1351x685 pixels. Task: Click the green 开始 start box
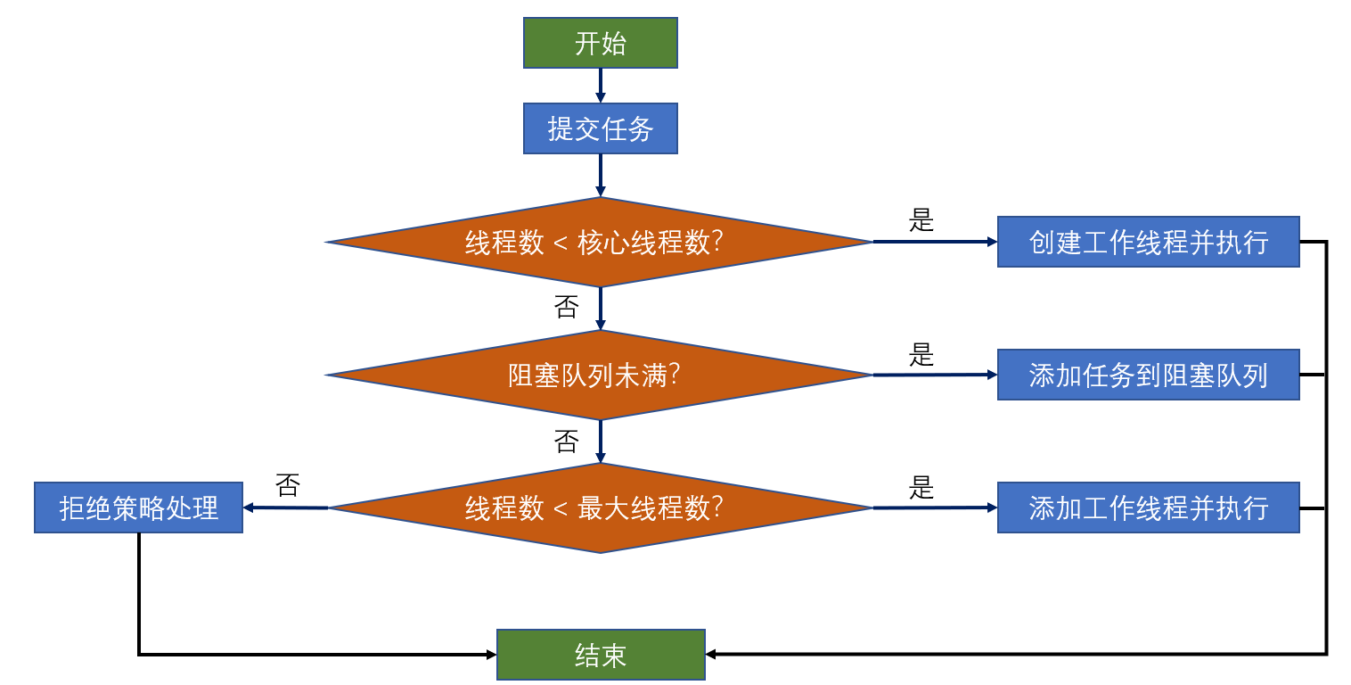pos(600,43)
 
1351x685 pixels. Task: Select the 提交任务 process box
pos(600,128)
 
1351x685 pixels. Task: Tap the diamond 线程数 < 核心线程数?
pos(600,242)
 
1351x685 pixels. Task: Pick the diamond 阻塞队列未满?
pos(600,375)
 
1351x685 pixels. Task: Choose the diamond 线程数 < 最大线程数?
pos(600,508)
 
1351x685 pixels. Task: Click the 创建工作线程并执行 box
pos(1148,242)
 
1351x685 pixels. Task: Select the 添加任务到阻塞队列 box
pos(1148,375)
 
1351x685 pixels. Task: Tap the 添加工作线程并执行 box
pos(1148,508)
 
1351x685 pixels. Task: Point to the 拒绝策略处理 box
pos(138,508)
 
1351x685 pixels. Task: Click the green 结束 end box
pos(600,655)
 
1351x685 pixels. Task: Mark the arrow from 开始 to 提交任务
pos(600,86)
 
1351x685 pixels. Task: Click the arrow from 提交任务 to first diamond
pos(600,175)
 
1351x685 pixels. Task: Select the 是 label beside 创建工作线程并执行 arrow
pos(921,220)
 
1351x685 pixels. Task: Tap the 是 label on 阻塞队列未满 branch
pos(921,354)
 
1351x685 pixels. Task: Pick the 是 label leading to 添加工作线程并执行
pos(921,487)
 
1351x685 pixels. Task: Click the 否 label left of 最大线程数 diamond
pos(288,486)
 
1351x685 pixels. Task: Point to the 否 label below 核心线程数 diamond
pos(567,308)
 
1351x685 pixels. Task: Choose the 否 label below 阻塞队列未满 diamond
pos(567,442)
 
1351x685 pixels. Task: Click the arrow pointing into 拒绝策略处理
pos(285,508)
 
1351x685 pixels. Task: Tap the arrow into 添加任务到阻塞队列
pos(934,375)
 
